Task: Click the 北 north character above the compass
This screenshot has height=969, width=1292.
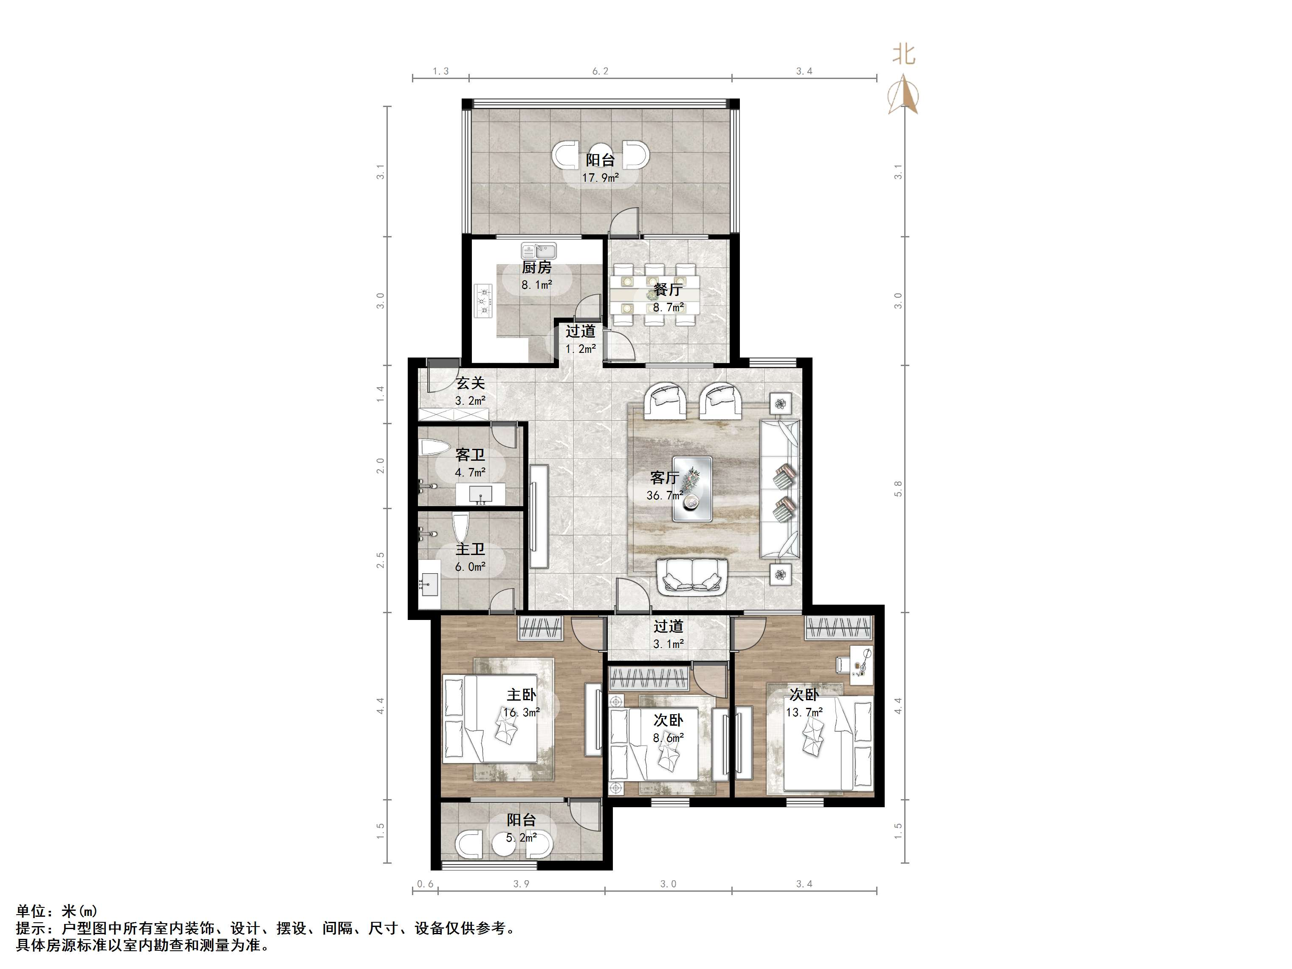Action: coord(903,54)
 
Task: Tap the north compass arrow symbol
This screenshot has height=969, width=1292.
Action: coord(903,95)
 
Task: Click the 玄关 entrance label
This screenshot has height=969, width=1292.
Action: coord(470,383)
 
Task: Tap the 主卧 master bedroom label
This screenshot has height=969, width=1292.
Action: coord(521,695)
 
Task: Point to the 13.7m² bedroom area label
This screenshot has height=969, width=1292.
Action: coord(804,712)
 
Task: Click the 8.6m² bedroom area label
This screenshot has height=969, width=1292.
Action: coord(668,738)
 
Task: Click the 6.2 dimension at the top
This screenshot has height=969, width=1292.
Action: coord(601,71)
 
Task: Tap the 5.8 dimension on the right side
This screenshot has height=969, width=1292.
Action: coord(898,488)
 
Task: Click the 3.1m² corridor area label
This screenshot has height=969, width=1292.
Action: coord(668,644)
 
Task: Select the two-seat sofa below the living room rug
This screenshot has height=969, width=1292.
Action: coord(692,577)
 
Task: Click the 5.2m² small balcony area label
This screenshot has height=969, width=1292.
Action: coord(521,837)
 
